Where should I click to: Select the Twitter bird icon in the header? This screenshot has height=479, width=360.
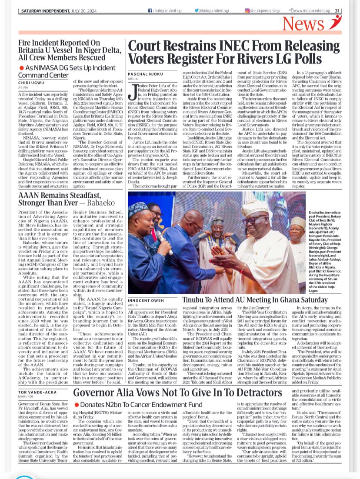pyautogui.click(x=197, y=10)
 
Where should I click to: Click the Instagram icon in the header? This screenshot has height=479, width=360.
pyautogui.click(x=247, y=10)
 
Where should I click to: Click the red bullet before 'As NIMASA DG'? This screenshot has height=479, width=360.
pyautogui.click(x=21, y=68)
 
